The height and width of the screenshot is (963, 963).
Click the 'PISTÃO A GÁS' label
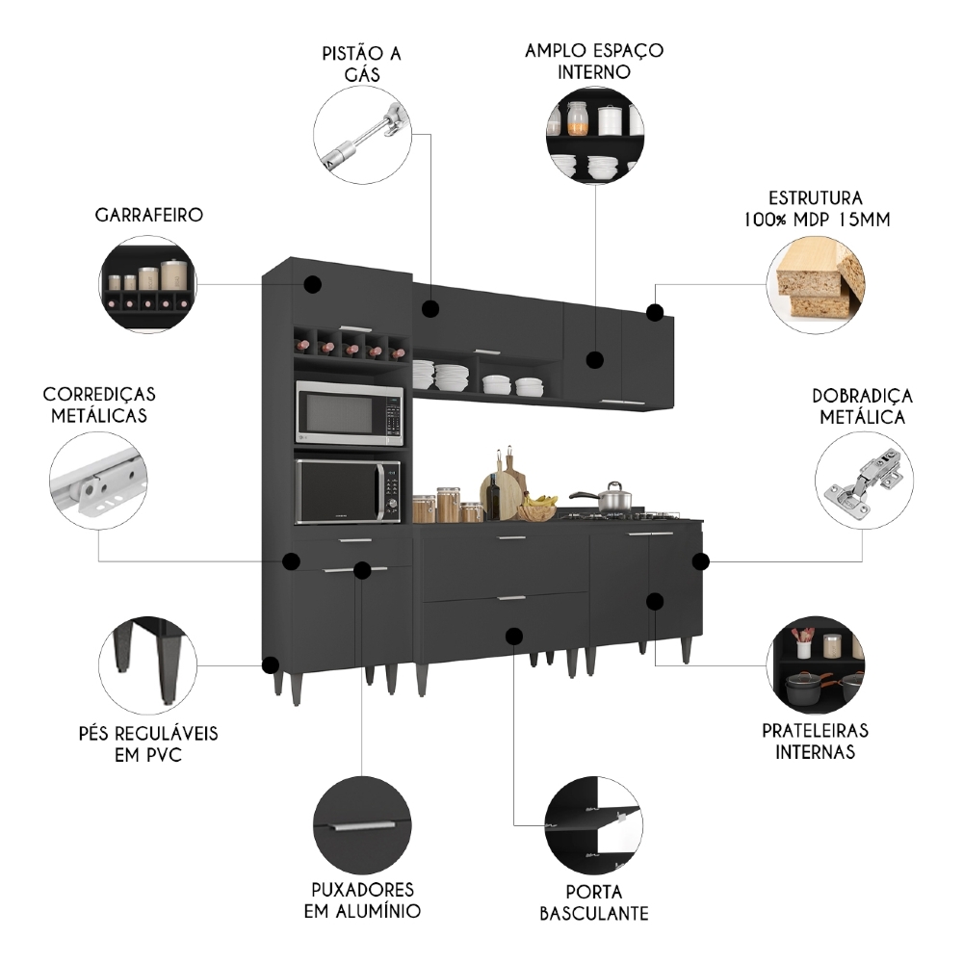click(362, 63)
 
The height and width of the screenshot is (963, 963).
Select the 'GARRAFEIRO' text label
click(149, 214)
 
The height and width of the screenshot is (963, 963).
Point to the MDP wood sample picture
click(816, 282)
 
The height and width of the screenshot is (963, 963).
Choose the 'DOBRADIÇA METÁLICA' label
click(862, 406)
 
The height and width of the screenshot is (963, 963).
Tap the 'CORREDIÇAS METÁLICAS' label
click(99, 404)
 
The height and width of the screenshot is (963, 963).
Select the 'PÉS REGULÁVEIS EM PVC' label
click(148, 743)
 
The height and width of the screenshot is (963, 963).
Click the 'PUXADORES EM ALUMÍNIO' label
click(362, 899)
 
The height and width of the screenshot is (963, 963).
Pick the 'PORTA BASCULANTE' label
click(593, 902)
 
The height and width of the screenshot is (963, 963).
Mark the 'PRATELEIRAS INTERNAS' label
click(815, 742)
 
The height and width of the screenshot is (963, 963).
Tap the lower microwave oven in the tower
click(348, 491)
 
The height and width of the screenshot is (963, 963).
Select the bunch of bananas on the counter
click(541, 502)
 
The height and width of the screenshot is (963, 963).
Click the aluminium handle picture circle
click(362, 825)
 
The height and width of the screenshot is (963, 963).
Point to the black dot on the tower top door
click(312, 284)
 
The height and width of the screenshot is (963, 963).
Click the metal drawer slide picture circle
click(99, 481)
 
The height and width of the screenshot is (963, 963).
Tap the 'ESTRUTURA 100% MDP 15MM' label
click(815, 208)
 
